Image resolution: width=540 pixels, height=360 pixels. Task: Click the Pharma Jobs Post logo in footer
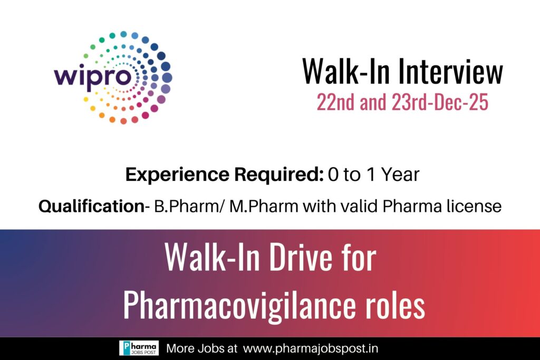pyautogui.click(x=139, y=348)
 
